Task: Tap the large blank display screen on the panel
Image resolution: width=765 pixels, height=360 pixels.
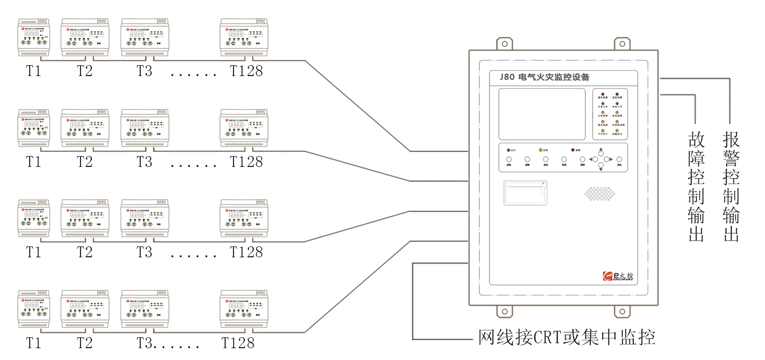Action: click(x=541, y=114)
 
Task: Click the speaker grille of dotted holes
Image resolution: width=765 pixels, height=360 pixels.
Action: click(x=600, y=194)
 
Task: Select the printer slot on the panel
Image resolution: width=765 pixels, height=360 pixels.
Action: click(x=525, y=193)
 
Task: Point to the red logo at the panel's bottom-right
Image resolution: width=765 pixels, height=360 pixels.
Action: click(x=608, y=276)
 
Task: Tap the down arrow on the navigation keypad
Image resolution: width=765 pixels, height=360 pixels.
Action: click(x=601, y=169)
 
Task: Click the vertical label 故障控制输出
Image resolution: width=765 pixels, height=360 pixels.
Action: click(x=696, y=187)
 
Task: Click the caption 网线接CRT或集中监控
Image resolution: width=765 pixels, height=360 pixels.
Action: click(x=567, y=338)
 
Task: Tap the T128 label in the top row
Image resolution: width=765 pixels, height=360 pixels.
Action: click(x=246, y=71)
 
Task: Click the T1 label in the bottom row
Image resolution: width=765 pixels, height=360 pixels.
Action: click(x=34, y=343)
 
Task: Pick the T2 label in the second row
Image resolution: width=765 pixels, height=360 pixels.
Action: click(x=84, y=161)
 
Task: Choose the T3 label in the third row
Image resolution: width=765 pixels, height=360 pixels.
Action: click(x=145, y=252)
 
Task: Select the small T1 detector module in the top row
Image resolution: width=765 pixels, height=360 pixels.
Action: click(x=34, y=37)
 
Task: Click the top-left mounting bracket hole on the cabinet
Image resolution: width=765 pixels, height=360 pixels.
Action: click(x=505, y=43)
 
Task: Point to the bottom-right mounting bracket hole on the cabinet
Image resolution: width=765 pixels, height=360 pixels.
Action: click(x=622, y=312)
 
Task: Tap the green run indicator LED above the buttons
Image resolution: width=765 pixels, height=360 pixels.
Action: click(x=509, y=149)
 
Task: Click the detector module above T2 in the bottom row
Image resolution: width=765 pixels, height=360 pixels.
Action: click(x=84, y=309)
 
